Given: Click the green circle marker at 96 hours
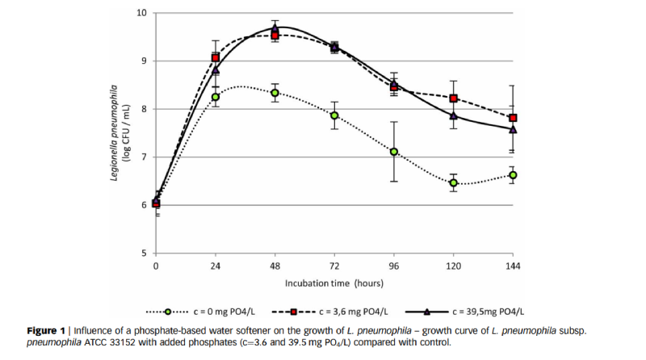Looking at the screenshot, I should pos(394,152).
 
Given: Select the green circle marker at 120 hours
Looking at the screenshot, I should pos(454,183).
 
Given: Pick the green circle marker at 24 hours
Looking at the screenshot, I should pos(216,97).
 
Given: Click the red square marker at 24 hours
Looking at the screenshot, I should pos(216,58).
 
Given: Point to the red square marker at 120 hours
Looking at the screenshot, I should pos(454,98).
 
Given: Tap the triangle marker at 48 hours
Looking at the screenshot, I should pos(275,28).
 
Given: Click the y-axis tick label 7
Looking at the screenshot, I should pos(144,157).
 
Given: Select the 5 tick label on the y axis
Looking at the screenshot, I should pos(144,253).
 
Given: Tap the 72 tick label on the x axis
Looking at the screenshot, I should pos(334,265).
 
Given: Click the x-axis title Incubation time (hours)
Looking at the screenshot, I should pos(334,283).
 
